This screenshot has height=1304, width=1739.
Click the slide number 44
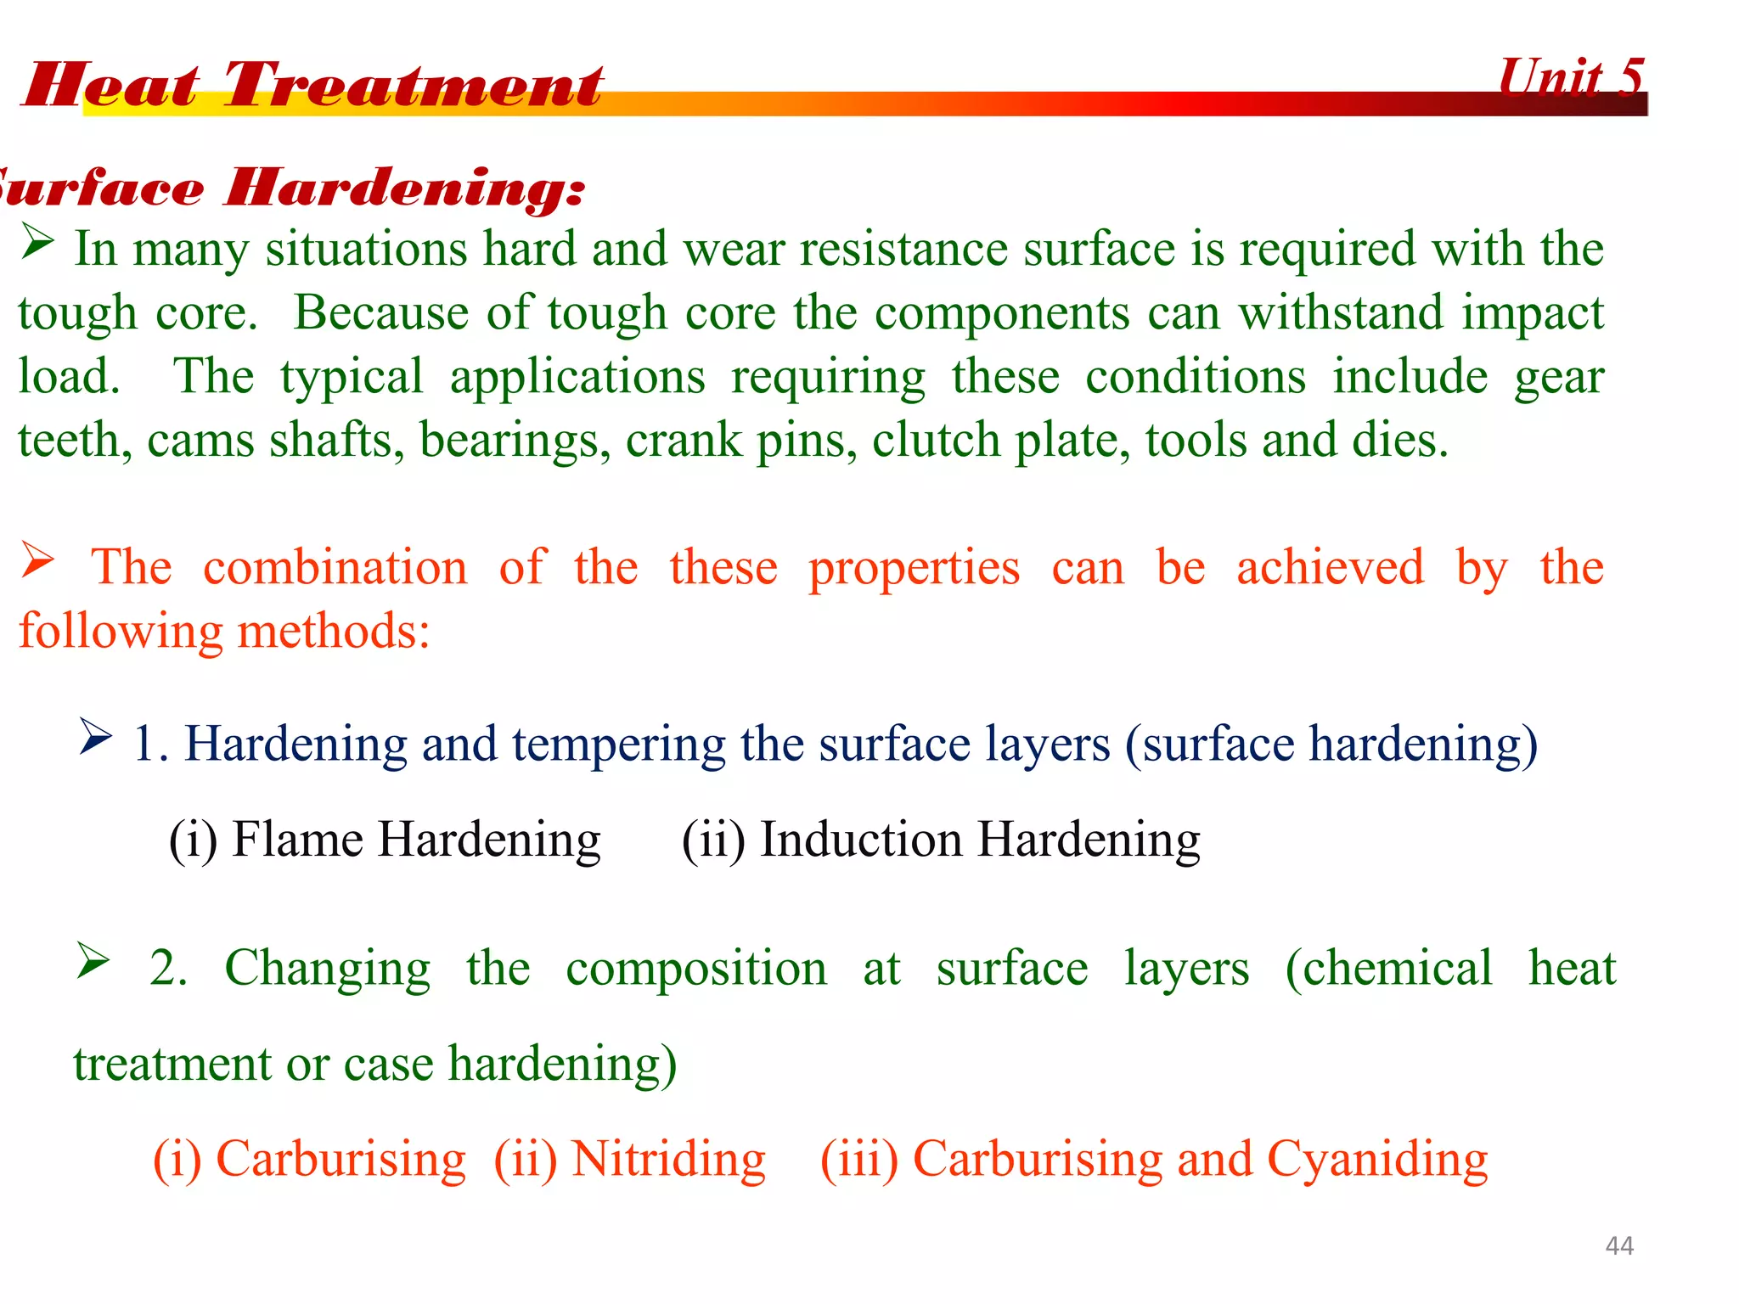[x=1619, y=1245]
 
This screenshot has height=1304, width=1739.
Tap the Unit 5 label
[x=1571, y=78]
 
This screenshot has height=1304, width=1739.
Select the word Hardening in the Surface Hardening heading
[x=405, y=188]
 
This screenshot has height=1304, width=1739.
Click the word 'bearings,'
[x=515, y=441]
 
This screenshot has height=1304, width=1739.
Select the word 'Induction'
[x=861, y=840]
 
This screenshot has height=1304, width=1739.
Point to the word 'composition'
[x=696, y=969]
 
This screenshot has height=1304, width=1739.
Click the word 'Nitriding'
[x=668, y=1160]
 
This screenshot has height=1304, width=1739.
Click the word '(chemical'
[x=1388, y=969]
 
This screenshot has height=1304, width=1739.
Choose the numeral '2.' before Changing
[x=168, y=969]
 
